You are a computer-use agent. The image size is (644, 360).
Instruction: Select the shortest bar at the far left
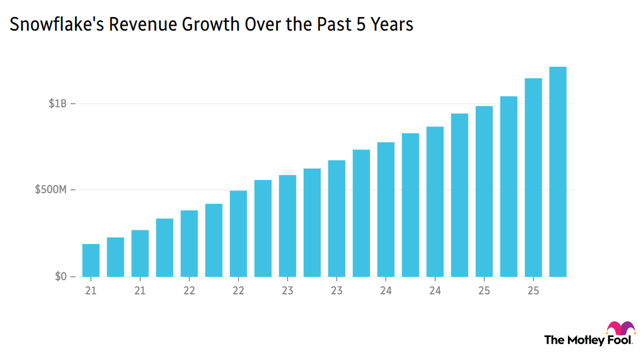tap(91, 260)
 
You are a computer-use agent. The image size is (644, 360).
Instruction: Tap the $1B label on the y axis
tap(57, 103)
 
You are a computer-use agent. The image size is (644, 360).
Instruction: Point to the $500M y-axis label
tap(51, 190)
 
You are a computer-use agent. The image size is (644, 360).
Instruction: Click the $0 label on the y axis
tap(60, 277)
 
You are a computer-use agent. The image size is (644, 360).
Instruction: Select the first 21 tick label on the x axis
tap(91, 291)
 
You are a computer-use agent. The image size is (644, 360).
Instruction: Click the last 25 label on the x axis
tap(533, 291)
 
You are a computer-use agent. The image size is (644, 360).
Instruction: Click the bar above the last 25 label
tap(533, 177)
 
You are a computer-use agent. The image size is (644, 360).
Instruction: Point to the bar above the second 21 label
tap(140, 253)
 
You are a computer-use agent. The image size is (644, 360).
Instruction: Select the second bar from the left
tap(115, 257)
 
